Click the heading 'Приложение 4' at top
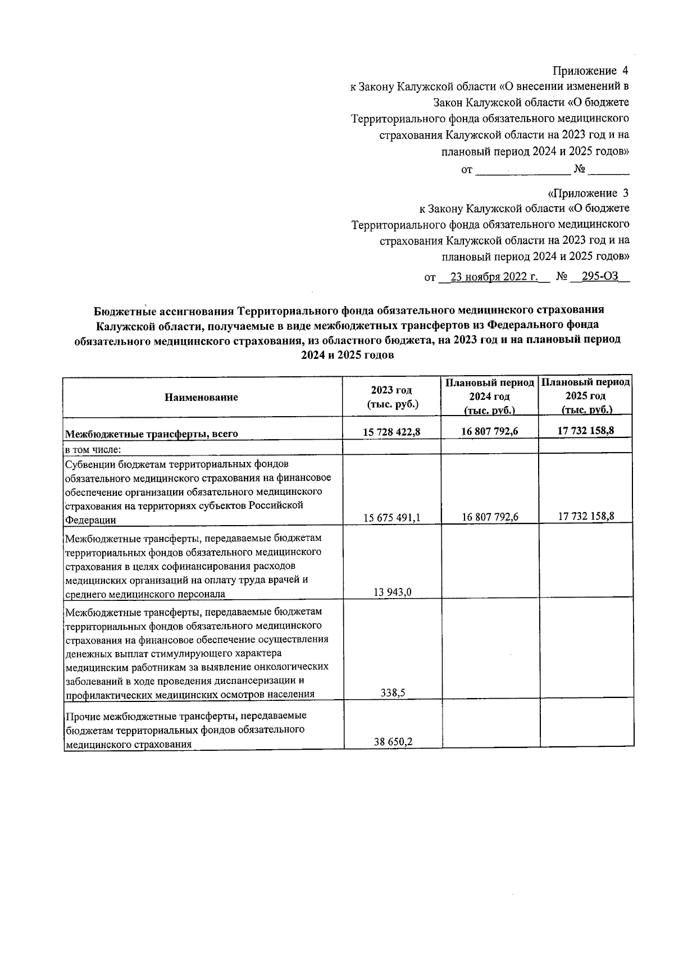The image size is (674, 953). (x=590, y=71)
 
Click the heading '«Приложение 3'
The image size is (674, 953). (x=588, y=193)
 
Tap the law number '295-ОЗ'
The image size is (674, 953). (x=599, y=277)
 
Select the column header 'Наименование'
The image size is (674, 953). (x=202, y=397)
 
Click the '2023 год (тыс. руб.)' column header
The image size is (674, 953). (x=391, y=397)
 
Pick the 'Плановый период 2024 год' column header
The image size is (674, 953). (x=489, y=396)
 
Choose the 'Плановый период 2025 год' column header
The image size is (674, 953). (x=586, y=396)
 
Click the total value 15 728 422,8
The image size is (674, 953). (x=391, y=432)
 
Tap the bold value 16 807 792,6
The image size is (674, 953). (x=489, y=432)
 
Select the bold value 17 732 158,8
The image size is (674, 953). (x=586, y=431)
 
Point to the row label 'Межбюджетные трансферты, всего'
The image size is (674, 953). (x=152, y=434)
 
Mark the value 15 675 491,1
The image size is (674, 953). (x=391, y=518)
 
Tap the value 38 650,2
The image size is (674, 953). (x=393, y=741)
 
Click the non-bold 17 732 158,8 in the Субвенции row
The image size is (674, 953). (x=586, y=516)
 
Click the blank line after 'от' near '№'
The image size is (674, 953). (x=523, y=170)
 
